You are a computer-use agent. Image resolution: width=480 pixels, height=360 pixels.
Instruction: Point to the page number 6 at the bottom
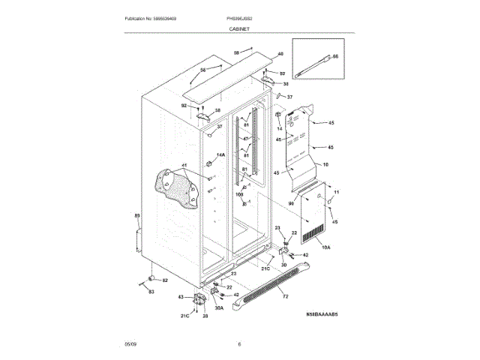pos(239,344)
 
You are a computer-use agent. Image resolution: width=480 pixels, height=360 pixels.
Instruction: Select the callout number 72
pos(285,298)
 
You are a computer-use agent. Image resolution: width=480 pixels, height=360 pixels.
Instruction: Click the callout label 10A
pos(325,246)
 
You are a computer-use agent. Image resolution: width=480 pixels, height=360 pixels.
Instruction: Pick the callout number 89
pos(137,216)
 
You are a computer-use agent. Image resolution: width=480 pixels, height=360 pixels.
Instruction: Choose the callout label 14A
pos(220,155)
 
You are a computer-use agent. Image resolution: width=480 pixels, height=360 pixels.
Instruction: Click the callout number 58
pos(235,52)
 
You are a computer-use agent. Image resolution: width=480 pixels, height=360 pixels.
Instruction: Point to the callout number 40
pos(280,54)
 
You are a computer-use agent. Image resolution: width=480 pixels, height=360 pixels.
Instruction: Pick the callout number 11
pos(337,193)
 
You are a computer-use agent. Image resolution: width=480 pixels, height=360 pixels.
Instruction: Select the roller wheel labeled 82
pos(151,276)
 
